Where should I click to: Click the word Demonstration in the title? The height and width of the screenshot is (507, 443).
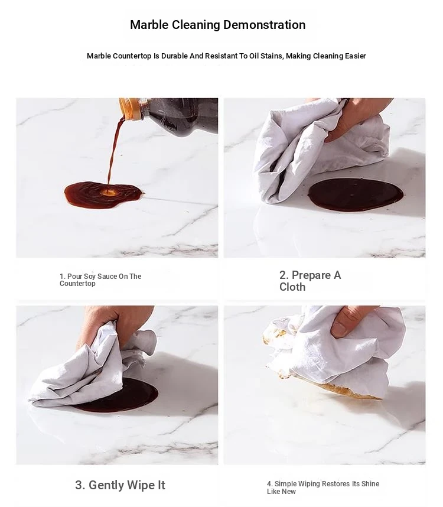tap(264, 25)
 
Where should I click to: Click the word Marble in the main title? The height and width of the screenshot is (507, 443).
tap(149, 25)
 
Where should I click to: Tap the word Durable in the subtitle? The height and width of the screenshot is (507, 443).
tap(174, 56)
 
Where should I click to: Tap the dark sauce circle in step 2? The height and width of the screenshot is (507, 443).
tap(356, 195)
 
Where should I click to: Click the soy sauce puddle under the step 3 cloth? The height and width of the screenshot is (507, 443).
tap(129, 397)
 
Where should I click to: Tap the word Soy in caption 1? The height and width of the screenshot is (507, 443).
tap(90, 277)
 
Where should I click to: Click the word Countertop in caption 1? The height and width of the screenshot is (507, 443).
tap(77, 284)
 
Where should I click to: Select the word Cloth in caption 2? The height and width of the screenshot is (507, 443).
tap(292, 287)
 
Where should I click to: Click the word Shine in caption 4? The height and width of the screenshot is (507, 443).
tap(370, 484)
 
